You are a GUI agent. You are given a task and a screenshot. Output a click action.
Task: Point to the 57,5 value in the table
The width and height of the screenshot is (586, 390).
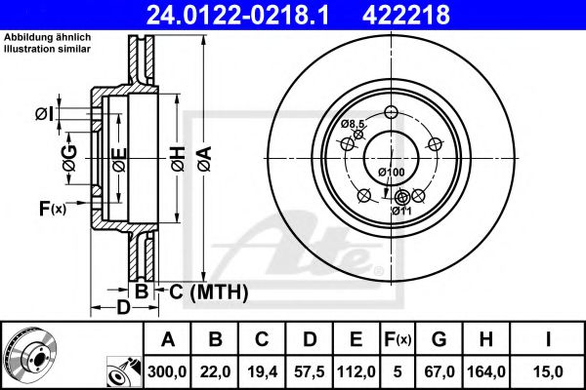click(311, 370)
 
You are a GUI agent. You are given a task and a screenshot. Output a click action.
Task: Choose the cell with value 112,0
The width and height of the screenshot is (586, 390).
click(357, 370)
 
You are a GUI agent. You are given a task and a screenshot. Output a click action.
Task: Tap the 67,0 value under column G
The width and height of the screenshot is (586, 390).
click(439, 370)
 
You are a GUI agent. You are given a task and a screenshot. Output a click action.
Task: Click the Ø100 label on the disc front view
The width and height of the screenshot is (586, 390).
click(392, 173)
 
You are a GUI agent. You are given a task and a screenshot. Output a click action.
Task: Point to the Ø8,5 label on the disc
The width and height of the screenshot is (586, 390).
click(353, 125)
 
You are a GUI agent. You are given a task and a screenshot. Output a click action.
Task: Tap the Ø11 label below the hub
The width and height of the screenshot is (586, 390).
click(400, 211)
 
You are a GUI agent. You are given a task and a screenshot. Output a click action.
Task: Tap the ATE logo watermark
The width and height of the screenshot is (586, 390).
click(308, 244)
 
